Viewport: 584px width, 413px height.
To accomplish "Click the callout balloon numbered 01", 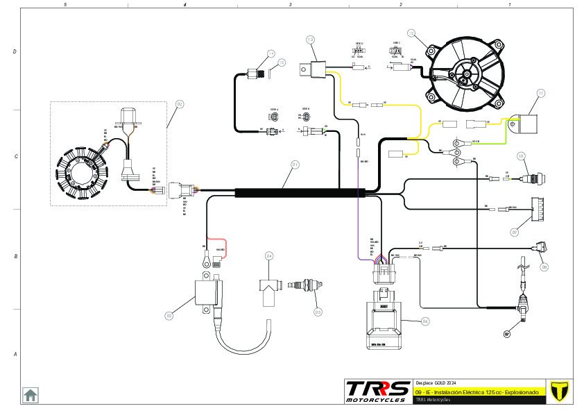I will [x=295, y=165].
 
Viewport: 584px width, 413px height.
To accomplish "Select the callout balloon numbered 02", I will [x=179, y=104].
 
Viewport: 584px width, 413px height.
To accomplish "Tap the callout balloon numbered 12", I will [x=411, y=33].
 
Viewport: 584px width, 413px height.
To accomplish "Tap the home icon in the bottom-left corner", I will [x=31, y=395].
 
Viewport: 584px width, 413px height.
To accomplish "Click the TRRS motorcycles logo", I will [x=378, y=391].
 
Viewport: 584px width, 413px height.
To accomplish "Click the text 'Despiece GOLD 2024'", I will [x=436, y=383].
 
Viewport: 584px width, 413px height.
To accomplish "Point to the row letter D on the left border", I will [x=15, y=52].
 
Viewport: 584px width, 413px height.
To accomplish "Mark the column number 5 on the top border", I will [x=65, y=4].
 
